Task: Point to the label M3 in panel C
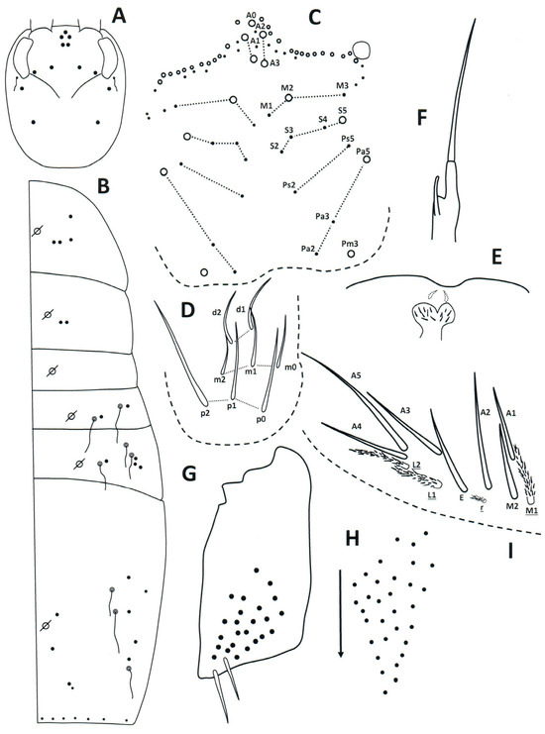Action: point(342,86)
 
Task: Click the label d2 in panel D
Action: point(216,313)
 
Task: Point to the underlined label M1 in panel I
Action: point(531,511)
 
